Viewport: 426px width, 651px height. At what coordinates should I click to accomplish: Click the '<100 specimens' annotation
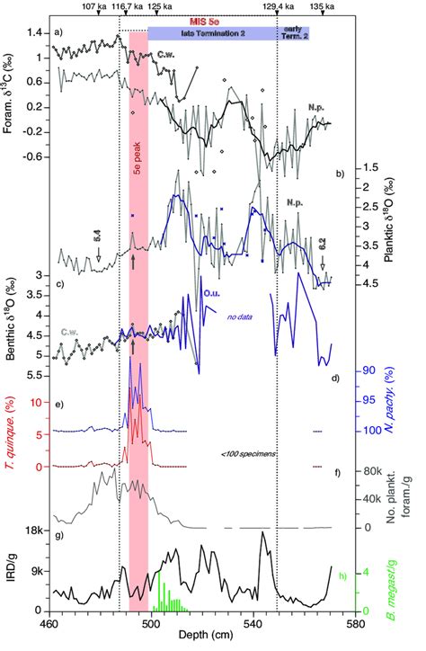[x=245, y=454]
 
